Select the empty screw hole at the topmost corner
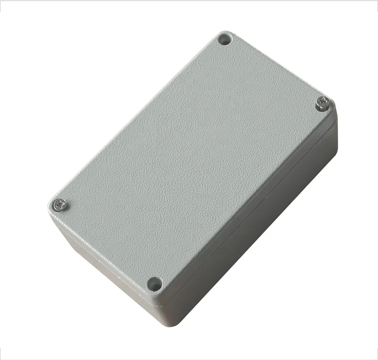[225, 39]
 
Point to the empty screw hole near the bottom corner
[155, 283]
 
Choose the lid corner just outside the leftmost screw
[51, 206]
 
